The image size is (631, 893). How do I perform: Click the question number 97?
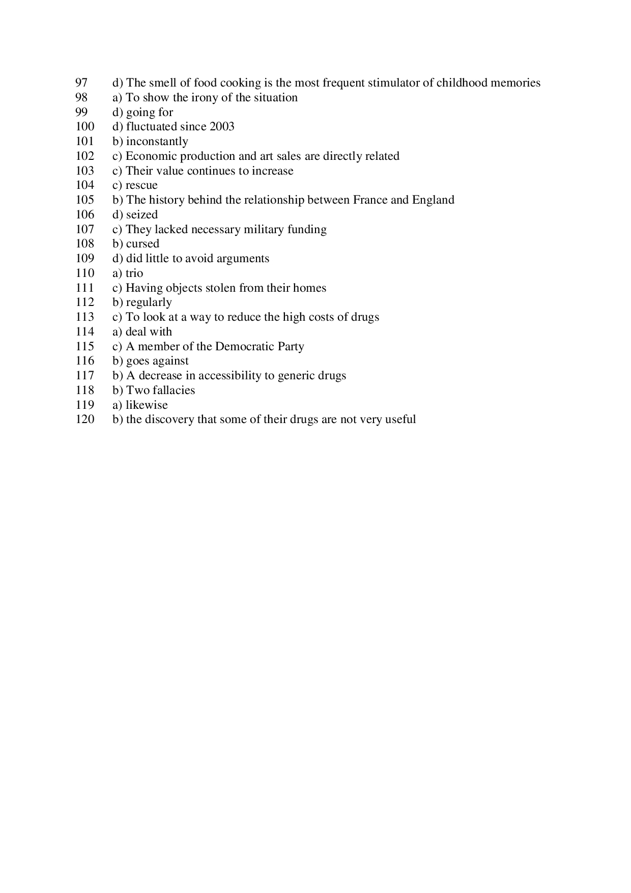coord(81,83)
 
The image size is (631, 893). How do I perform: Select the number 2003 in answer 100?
coord(222,127)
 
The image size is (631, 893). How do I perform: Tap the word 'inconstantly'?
coord(157,142)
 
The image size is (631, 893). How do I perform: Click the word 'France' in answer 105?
coord(370,200)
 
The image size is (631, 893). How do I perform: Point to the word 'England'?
coord(433,200)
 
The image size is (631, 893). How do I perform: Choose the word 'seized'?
coord(142,215)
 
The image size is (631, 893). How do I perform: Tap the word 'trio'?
coord(134,273)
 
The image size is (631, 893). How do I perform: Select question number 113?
coord(85,317)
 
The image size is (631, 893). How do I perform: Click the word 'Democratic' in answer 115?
coord(245,347)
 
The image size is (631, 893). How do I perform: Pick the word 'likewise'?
coord(147,405)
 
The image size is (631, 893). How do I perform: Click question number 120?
coord(85,420)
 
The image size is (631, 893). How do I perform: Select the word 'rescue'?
coord(141,185)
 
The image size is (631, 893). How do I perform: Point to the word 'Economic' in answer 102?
coord(151,156)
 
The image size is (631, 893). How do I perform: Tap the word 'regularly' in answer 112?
coord(149,303)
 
